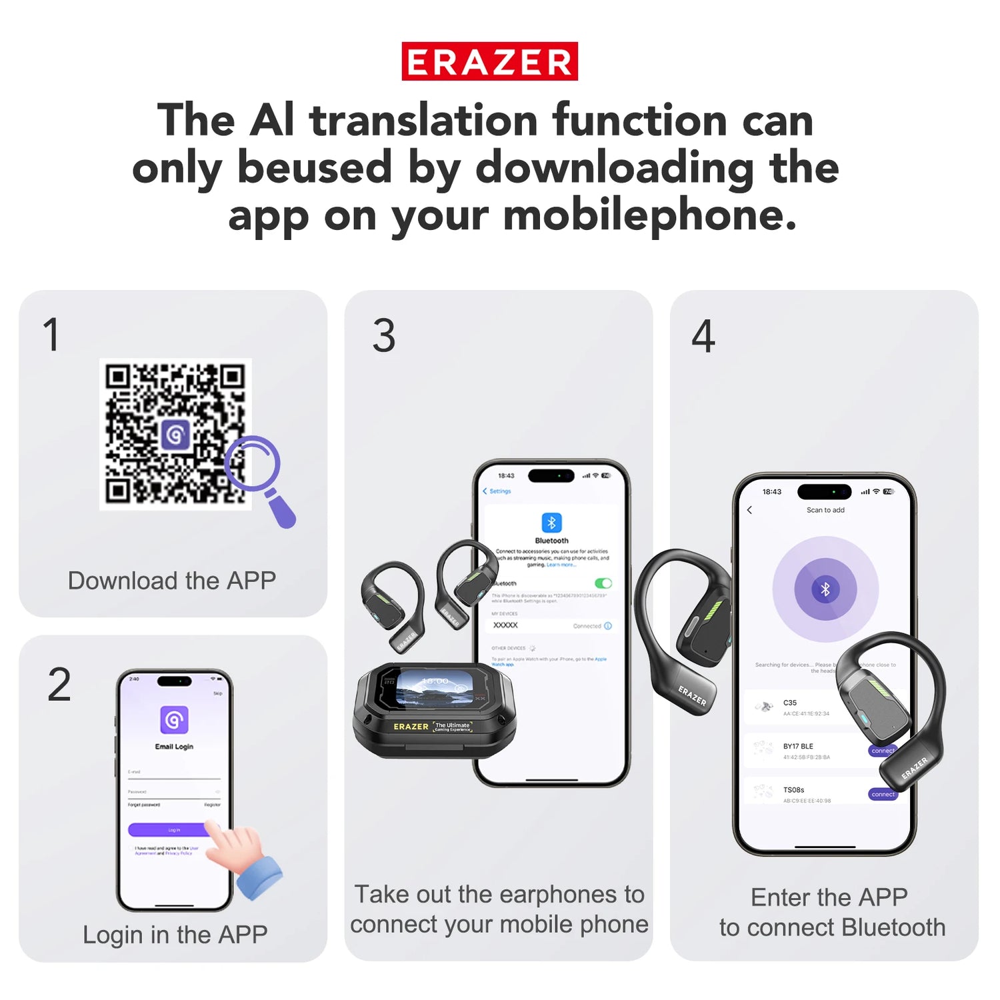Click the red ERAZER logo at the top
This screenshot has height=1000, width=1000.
pyautogui.click(x=489, y=61)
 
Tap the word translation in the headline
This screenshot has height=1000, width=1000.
pyautogui.click(x=423, y=121)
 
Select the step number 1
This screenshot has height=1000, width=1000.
pyautogui.click(x=51, y=335)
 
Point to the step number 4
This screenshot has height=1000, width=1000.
pyautogui.click(x=703, y=336)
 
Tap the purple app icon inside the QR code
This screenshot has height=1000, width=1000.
pyautogui.click(x=175, y=435)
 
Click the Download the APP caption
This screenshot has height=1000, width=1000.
pyautogui.click(x=172, y=581)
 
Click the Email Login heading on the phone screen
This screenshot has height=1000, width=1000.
pyautogui.click(x=174, y=747)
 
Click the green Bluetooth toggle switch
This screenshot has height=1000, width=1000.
pyautogui.click(x=603, y=583)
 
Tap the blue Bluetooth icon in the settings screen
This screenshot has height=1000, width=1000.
pyautogui.click(x=551, y=522)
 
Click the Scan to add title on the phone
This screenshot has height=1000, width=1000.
pyautogui.click(x=825, y=510)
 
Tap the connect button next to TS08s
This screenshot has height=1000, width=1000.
pyautogui.click(x=883, y=794)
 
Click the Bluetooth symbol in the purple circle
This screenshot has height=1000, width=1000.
pyautogui.click(x=825, y=589)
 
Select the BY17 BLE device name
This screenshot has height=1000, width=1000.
pyautogui.click(x=798, y=746)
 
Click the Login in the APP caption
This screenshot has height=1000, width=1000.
pyautogui.click(x=175, y=935)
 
